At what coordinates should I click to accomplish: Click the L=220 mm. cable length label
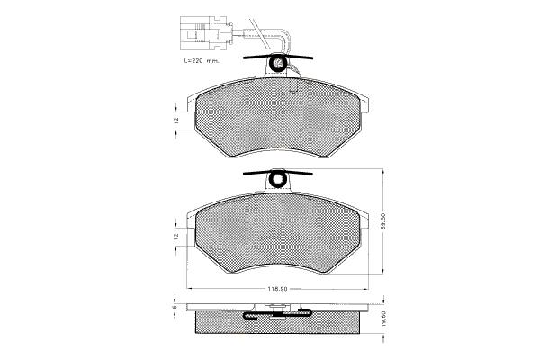click(x=202, y=61)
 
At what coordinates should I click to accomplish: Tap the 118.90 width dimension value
click(x=277, y=289)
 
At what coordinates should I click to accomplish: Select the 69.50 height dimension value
click(x=384, y=220)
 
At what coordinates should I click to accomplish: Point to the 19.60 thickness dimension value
click(x=384, y=319)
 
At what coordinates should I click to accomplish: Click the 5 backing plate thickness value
click(x=175, y=306)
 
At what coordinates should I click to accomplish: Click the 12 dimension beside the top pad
click(x=176, y=121)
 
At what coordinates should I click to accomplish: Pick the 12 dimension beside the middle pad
click(x=176, y=237)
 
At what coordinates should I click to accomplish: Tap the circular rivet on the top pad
click(x=277, y=63)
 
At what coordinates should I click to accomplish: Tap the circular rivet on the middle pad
click(x=277, y=178)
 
